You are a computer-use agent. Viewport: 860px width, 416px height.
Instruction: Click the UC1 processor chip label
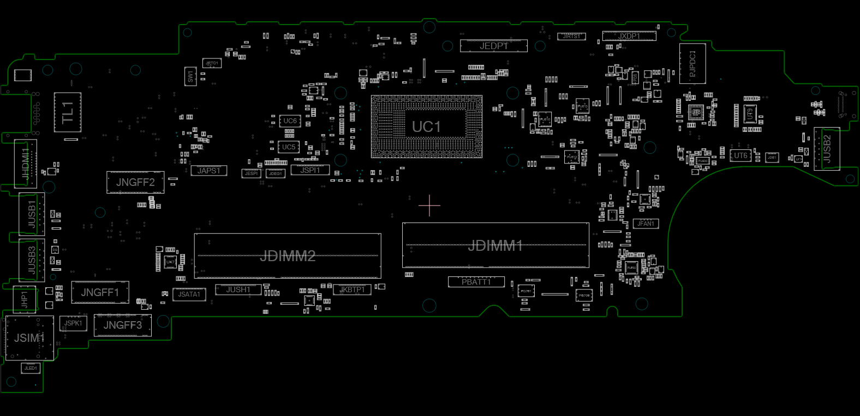point(426,127)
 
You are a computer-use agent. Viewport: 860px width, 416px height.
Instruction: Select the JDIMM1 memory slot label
point(495,246)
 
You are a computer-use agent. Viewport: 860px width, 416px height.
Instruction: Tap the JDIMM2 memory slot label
point(288,256)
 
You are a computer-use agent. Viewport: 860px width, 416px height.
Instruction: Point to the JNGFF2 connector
point(135,182)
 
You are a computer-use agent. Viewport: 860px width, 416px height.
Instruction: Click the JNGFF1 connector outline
point(100,293)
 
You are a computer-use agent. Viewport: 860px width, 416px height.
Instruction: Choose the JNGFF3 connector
point(122,325)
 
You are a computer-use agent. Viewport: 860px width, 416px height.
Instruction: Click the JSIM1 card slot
point(29,338)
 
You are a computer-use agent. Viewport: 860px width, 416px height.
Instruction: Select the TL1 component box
point(68,112)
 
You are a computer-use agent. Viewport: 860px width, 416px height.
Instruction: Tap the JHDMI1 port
point(26,164)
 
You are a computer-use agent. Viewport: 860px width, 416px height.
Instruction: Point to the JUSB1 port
point(32,214)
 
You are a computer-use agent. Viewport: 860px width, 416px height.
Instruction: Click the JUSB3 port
point(32,260)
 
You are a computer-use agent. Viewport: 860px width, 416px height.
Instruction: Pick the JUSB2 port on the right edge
point(826,149)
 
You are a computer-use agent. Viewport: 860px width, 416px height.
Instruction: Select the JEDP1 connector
point(493,46)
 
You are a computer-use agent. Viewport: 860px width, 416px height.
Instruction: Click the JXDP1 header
point(629,36)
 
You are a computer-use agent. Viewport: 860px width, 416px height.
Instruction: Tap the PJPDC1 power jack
point(692,64)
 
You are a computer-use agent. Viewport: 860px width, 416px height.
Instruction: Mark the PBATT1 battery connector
point(476,282)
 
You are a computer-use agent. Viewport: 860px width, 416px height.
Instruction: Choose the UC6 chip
point(290,121)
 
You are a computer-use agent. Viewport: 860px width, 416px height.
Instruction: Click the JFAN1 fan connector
point(646,224)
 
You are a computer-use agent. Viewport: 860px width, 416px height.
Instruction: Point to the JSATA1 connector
point(189,294)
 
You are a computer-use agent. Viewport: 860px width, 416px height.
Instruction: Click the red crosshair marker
point(429,206)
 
